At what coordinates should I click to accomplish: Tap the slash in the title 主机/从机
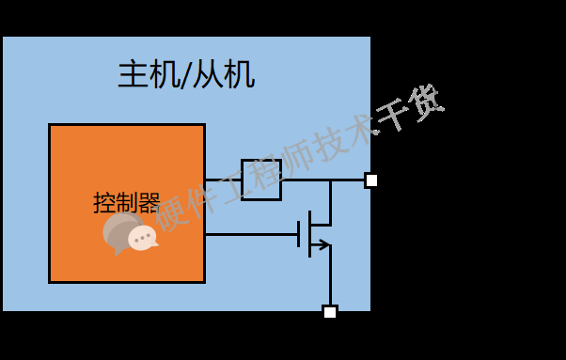point(183,74)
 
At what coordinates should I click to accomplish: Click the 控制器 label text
point(127,202)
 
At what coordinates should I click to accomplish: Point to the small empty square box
point(261,180)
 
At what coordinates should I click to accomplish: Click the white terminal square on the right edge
point(371,180)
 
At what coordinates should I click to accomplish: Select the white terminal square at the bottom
point(330,312)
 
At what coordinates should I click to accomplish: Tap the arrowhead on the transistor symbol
point(322,245)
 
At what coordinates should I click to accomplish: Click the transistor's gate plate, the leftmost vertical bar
point(299,234)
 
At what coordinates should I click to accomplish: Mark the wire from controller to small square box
point(224,180)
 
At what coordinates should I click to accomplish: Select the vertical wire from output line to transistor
point(330,201)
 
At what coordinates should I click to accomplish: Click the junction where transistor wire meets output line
point(330,180)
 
